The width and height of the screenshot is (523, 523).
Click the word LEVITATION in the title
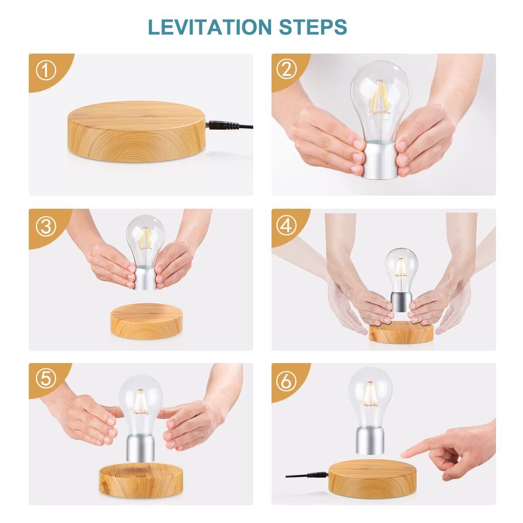(210, 27)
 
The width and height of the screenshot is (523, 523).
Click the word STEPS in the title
(313, 27)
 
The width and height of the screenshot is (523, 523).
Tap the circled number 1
(46, 70)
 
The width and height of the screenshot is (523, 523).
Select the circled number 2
(286, 69)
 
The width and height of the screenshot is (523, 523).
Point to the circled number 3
(46, 226)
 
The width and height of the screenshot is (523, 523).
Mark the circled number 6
(286, 381)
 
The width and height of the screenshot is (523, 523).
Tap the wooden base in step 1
(136, 132)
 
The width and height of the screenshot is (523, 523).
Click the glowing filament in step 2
(380, 97)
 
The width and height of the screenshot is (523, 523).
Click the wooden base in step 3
(146, 322)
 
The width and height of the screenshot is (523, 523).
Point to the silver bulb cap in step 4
(401, 302)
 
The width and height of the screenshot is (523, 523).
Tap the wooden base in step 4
(401, 332)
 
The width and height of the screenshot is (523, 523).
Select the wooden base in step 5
(141, 480)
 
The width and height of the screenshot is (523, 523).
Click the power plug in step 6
(316, 475)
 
